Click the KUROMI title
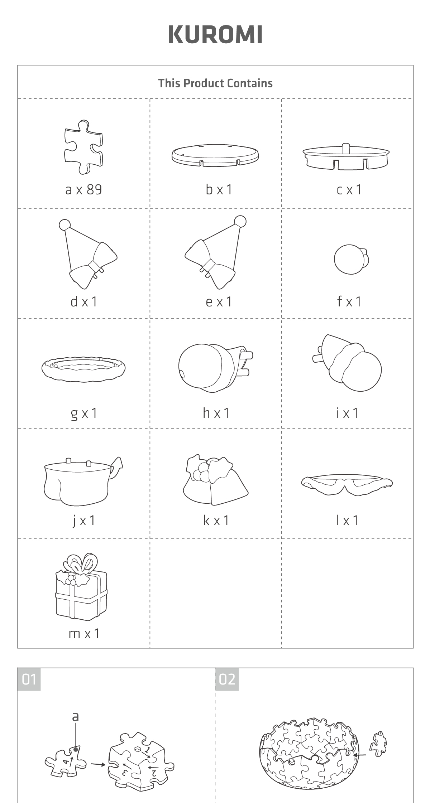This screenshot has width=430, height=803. (215, 34)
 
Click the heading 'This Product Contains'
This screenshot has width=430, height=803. (215, 83)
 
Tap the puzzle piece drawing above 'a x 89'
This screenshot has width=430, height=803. (83, 147)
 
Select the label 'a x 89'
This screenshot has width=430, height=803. (83, 189)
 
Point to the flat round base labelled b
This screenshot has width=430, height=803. (215, 155)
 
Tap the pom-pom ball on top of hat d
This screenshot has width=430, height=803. (65, 225)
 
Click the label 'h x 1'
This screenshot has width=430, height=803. (216, 413)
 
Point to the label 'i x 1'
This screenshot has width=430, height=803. (347, 413)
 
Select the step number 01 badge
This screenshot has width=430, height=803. (29, 679)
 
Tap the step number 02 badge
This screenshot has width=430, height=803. (227, 679)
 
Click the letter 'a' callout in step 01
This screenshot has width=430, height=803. (75, 717)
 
